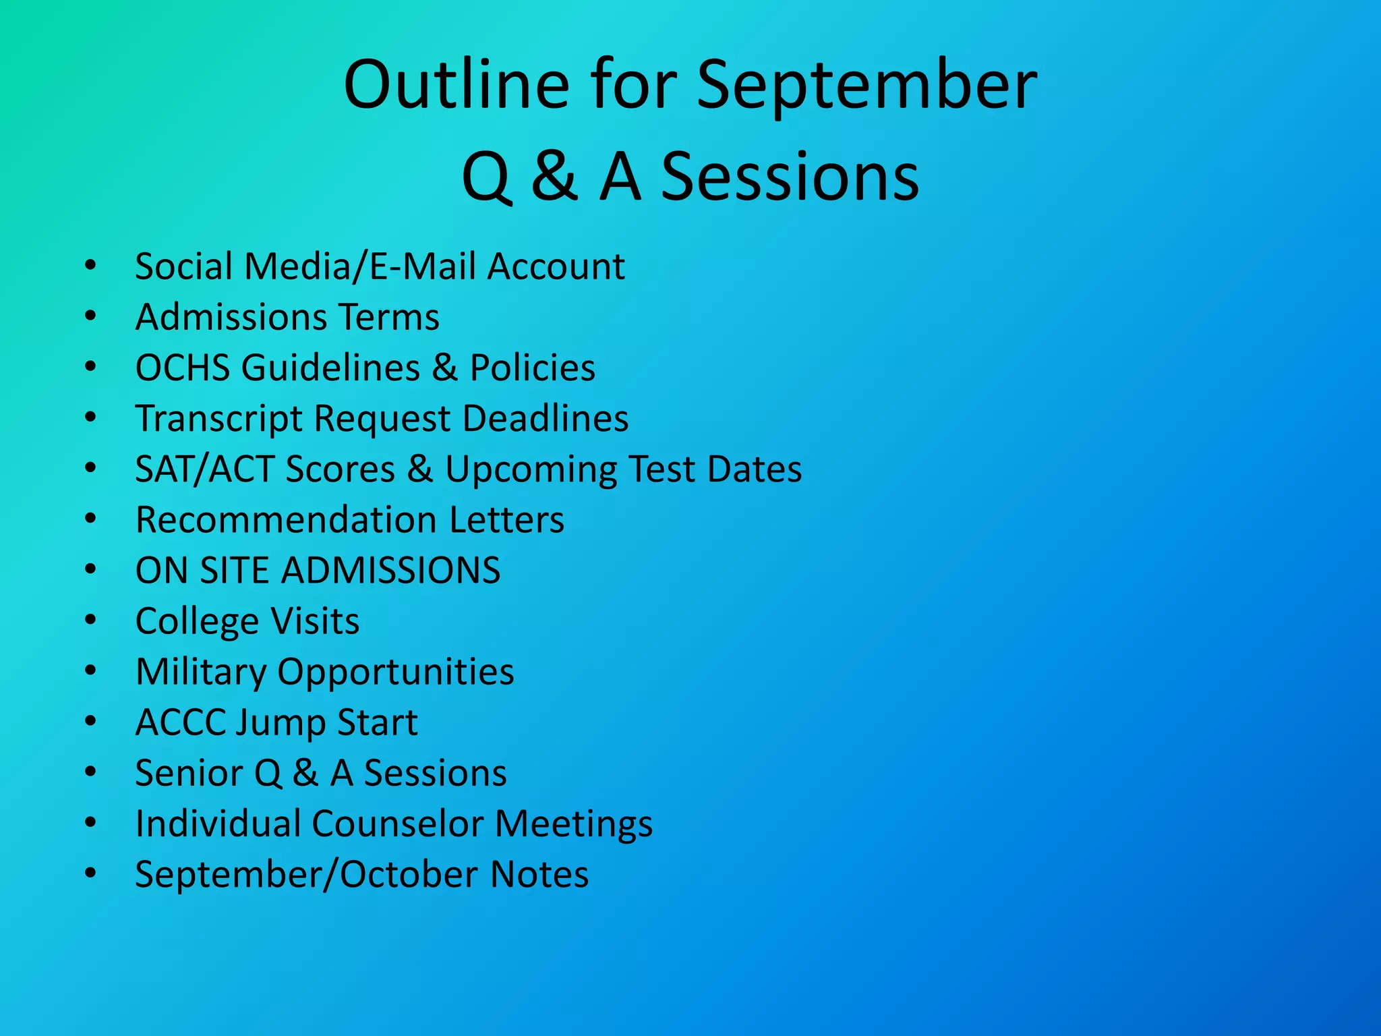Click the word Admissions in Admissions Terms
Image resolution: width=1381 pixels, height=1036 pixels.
click(x=233, y=317)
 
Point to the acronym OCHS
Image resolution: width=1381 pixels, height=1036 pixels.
click(x=183, y=368)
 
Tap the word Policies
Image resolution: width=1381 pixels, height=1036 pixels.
click(x=532, y=368)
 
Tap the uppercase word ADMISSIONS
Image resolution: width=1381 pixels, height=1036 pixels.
click(x=390, y=571)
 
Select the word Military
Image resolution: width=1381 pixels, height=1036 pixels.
click(x=201, y=672)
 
